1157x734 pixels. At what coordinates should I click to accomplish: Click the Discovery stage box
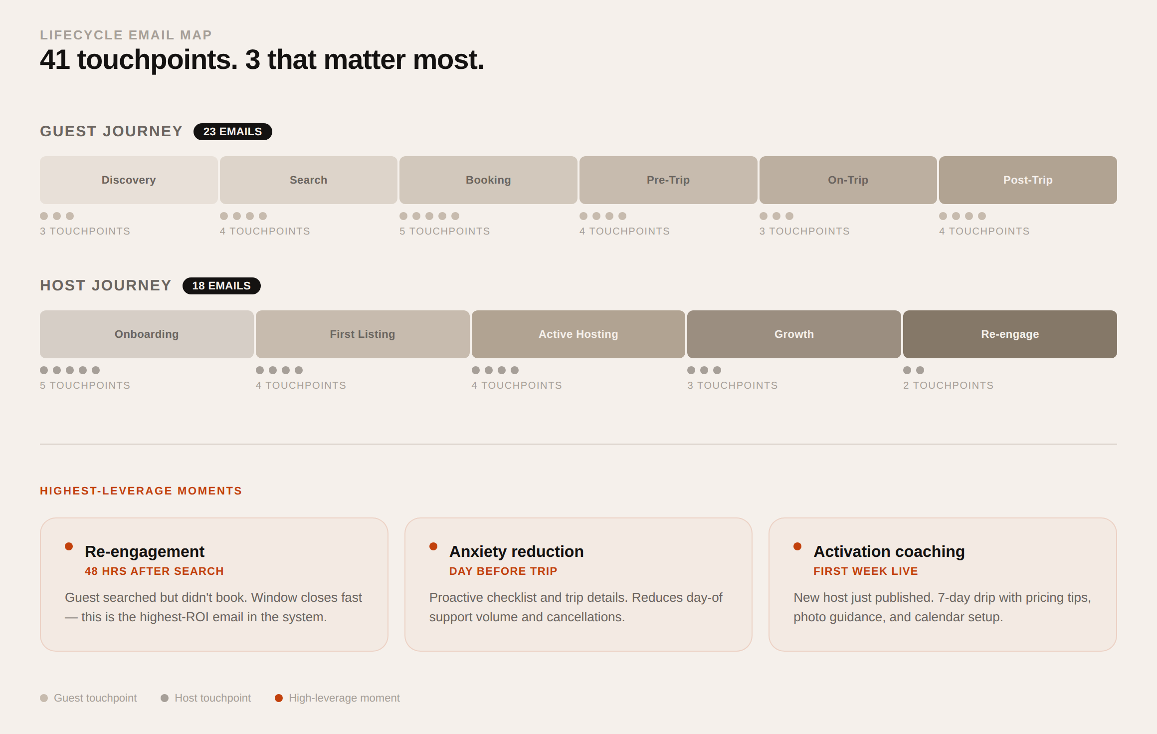pos(129,180)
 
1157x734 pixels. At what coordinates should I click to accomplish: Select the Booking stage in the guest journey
pos(488,180)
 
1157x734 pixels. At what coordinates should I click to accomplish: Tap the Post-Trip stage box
pos(1027,180)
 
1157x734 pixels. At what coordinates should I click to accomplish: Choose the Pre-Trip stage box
pos(668,180)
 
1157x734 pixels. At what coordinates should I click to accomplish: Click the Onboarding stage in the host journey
pos(147,334)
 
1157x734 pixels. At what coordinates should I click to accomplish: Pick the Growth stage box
pos(793,334)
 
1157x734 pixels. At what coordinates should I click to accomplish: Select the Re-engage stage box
pos(1009,334)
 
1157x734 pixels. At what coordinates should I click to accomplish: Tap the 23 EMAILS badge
pos(232,132)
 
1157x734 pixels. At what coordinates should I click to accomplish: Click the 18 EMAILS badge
pos(221,286)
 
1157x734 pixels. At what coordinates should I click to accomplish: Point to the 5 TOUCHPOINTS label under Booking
pos(444,232)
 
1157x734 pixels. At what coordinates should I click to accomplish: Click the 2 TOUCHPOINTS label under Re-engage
pos(948,386)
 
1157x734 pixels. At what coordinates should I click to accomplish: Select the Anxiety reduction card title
pos(516,551)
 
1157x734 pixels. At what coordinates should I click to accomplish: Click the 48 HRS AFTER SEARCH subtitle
pos(154,571)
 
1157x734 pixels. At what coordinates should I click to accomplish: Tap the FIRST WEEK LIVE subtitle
pos(865,571)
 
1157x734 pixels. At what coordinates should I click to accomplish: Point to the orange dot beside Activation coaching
pos(797,546)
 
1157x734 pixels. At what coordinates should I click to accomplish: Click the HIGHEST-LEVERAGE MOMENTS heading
pos(141,491)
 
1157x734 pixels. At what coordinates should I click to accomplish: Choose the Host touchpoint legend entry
pos(206,698)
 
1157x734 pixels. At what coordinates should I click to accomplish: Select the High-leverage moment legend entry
pos(338,698)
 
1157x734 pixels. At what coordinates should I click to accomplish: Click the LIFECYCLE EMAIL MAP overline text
pos(126,35)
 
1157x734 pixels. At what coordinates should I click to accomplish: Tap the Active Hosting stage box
pos(578,334)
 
